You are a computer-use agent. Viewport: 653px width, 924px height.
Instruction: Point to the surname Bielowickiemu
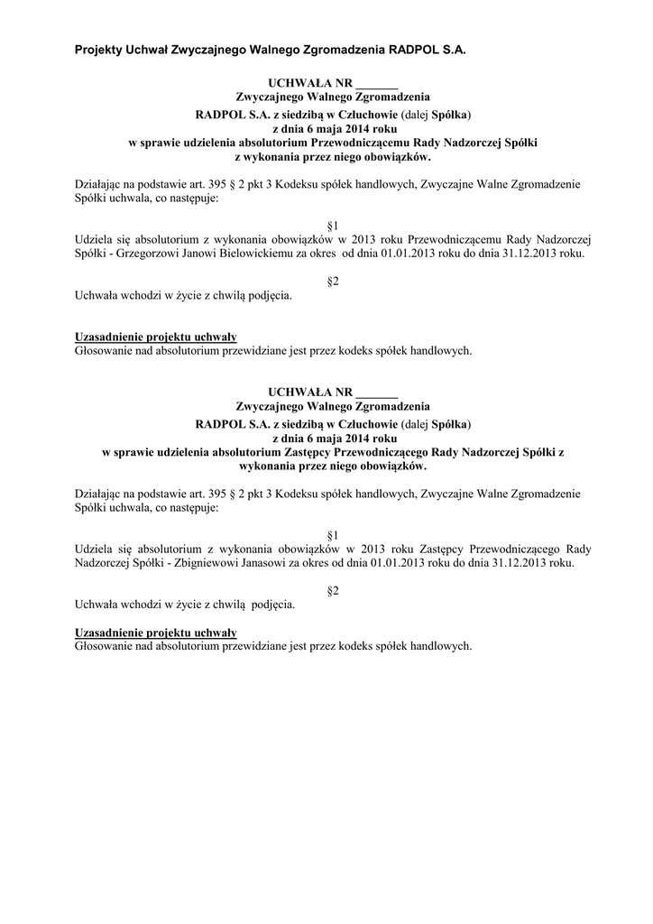click(x=246, y=254)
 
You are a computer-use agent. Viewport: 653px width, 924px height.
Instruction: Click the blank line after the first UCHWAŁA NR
click(x=377, y=85)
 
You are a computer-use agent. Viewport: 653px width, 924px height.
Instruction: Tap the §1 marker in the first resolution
click(x=332, y=224)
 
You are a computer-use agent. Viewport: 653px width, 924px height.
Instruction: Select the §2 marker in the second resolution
click(x=332, y=590)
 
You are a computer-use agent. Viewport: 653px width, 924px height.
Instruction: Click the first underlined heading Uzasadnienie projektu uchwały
click(x=155, y=337)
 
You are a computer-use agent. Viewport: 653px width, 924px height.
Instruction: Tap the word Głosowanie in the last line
click(x=102, y=646)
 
